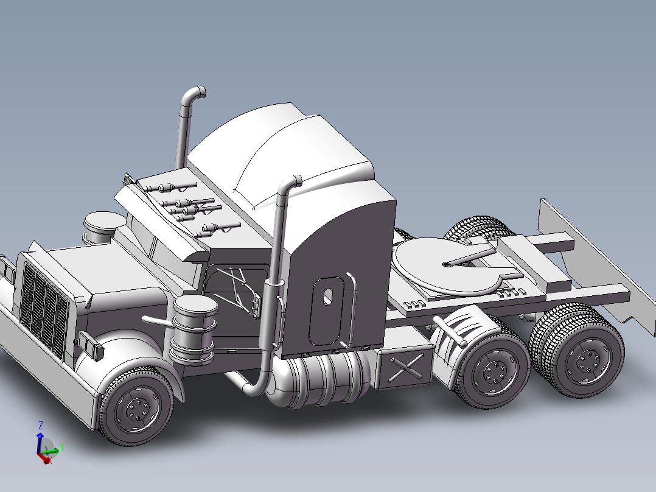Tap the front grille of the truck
coord(43,311)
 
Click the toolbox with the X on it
coord(405,368)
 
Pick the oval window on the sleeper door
coord(328,296)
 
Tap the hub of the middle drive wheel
coord(493,370)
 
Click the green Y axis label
coord(62,447)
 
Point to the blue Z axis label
coord(40,424)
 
